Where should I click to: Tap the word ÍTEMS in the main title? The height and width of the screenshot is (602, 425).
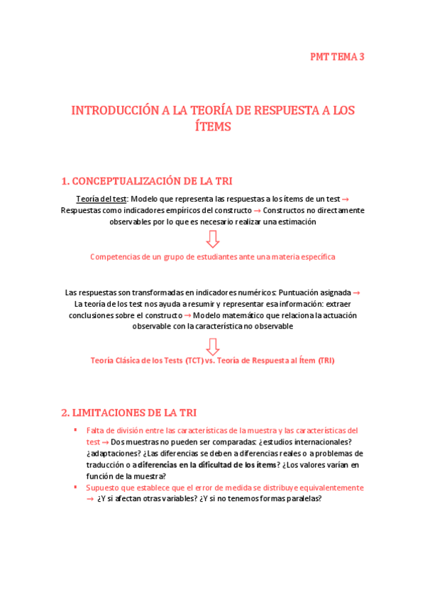click(212, 128)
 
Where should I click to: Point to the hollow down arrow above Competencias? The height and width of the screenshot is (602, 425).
click(212, 239)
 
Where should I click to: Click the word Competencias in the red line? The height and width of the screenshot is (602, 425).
click(116, 256)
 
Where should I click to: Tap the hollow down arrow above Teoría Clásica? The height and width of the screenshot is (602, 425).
click(212, 346)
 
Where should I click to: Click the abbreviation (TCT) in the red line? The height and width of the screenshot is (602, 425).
click(194, 361)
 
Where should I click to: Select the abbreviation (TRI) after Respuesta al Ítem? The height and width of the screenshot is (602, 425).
click(326, 361)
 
